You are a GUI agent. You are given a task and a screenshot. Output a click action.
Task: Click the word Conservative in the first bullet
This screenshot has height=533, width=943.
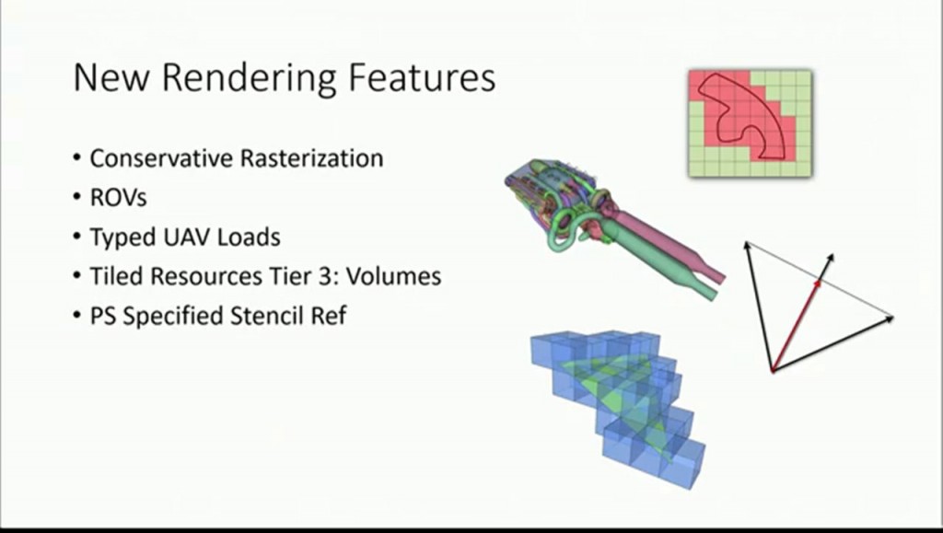coord(160,158)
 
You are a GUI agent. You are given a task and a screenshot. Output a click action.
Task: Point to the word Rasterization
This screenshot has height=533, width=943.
coord(311,158)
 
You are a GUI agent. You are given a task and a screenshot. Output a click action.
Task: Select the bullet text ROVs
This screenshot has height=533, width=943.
coord(118,198)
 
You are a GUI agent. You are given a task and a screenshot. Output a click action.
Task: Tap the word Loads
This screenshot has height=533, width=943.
coord(249,237)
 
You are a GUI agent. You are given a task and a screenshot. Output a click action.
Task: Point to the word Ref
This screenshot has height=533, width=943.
coord(330,316)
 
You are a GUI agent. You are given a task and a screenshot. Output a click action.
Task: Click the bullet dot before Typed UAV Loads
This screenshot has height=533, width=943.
coord(76,238)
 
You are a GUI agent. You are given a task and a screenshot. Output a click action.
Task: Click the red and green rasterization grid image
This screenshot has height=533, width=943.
coord(750,122)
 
